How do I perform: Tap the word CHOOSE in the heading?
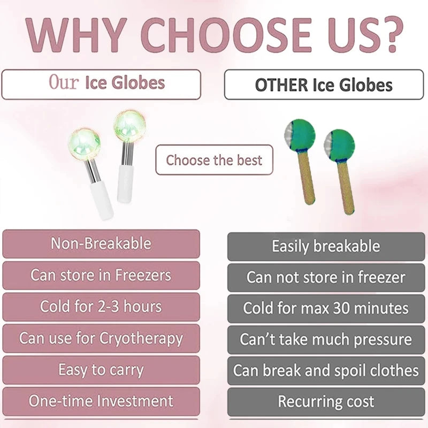pos(226,35)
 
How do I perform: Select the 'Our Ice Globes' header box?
pos(101,85)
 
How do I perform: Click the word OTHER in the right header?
pos(281,85)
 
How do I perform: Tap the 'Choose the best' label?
pos(215,159)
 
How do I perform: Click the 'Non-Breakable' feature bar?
pos(101,243)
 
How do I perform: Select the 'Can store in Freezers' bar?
pos(101,275)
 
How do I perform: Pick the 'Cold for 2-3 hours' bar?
pos(101,307)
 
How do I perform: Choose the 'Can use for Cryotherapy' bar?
pos(101,338)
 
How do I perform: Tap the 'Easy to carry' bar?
pos(101,370)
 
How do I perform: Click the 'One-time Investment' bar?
pos(101,401)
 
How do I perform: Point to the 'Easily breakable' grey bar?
pos(326,247)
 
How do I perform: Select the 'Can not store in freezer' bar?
pos(326,277)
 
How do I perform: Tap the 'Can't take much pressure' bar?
pos(326,339)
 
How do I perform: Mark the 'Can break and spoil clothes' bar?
pos(326,370)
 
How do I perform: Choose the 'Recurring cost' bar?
pos(326,402)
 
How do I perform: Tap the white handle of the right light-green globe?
pos(126,184)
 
